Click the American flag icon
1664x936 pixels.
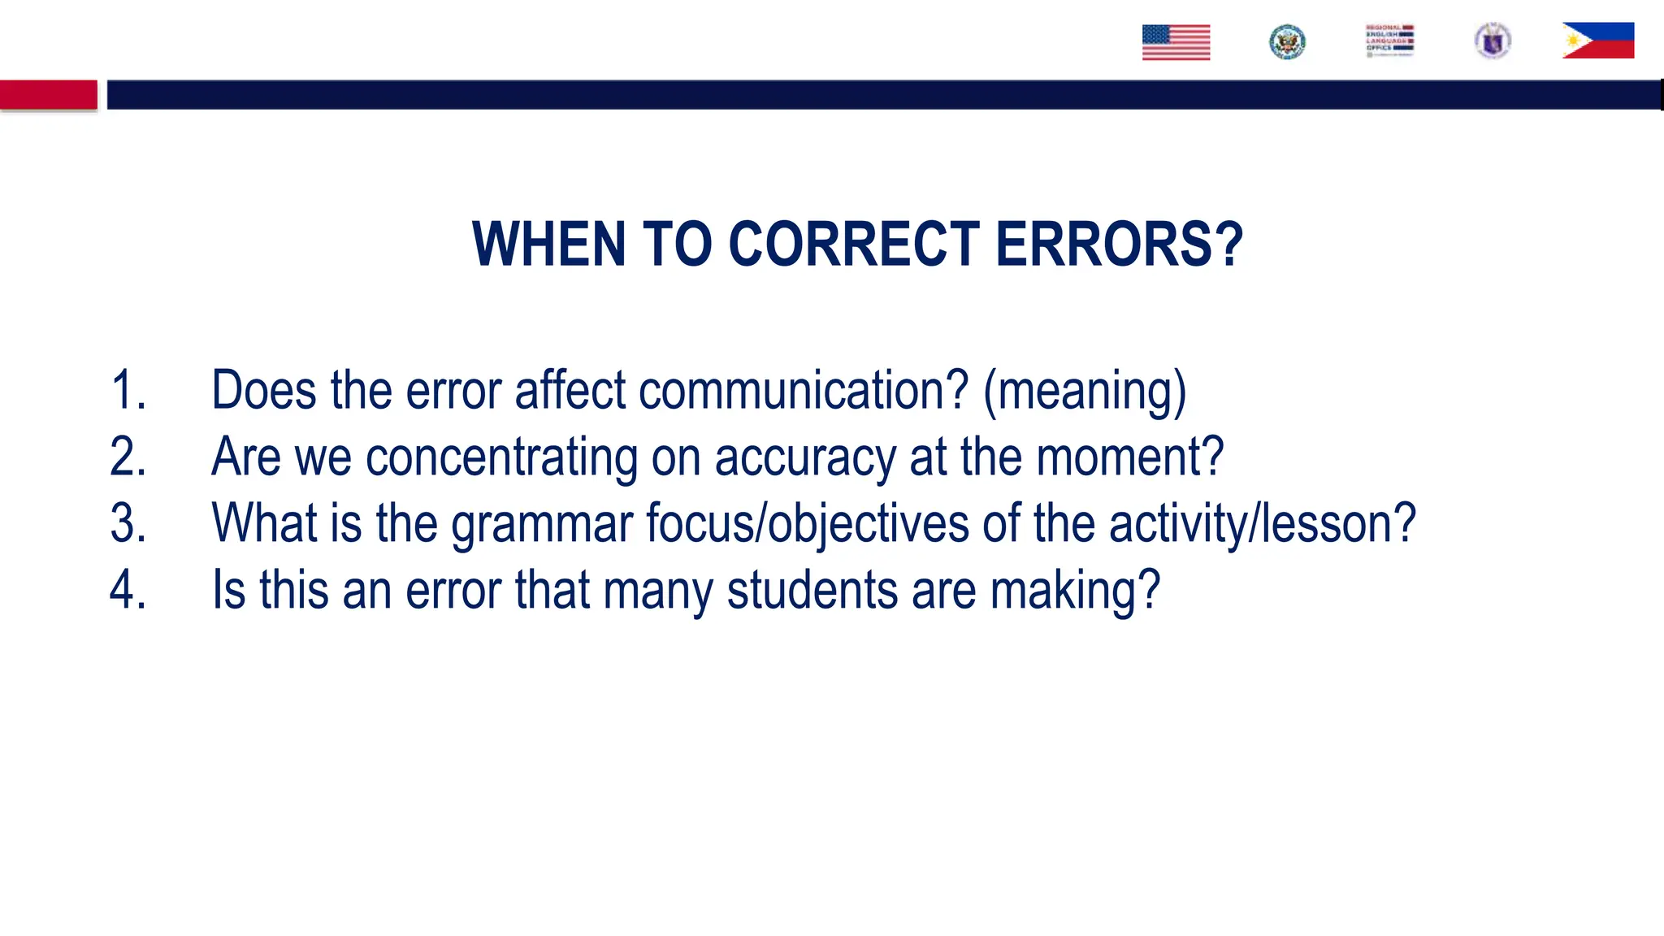(1176, 42)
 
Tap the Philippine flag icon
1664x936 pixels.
(1597, 41)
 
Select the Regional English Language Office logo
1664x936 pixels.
(1389, 41)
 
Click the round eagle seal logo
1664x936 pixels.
(1287, 42)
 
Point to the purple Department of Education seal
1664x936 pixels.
(1493, 41)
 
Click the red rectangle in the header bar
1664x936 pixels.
(49, 94)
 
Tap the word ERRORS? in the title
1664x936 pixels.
(1119, 244)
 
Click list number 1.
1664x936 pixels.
(128, 390)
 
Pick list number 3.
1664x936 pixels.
(128, 523)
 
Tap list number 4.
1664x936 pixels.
(128, 590)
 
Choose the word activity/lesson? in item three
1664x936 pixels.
(1262, 523)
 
